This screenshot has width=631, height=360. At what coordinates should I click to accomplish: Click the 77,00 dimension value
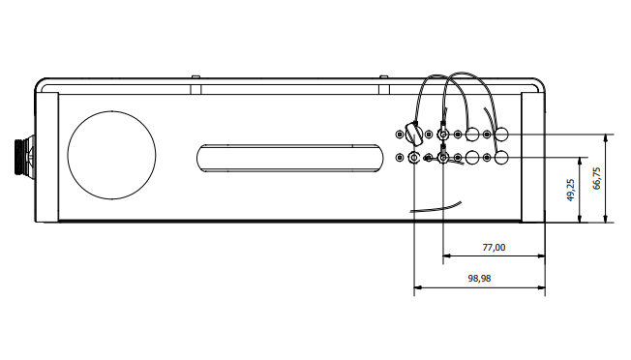494,247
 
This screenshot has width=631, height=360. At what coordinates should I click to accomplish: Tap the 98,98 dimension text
479,279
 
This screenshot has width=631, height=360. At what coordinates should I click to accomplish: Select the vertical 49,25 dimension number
570,190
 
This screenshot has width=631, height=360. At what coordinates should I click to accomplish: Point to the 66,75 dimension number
596,178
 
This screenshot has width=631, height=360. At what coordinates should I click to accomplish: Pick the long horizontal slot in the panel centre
289,145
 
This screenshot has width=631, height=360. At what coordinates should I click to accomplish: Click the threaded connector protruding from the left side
23,157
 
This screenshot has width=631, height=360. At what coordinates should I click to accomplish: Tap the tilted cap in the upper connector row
413,135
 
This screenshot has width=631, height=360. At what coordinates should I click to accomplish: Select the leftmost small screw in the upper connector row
399,135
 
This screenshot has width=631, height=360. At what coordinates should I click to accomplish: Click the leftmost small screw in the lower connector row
399,158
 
